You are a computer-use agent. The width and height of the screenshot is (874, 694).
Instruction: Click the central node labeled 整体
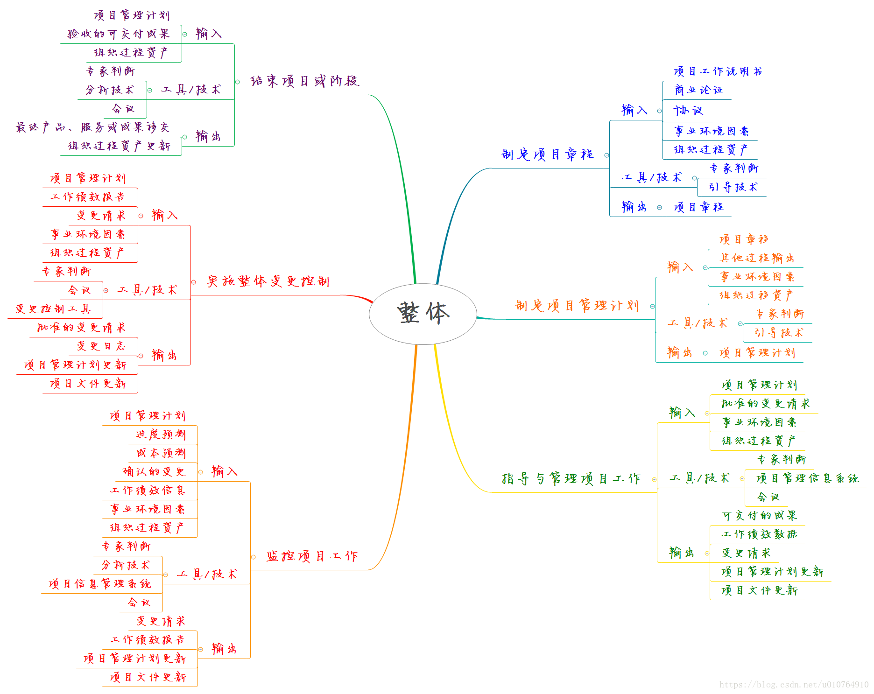point(423,314)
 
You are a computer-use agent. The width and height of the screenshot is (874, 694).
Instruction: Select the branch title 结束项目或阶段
point(304,81)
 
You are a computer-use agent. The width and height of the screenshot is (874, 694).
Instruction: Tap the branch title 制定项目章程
point(547,154)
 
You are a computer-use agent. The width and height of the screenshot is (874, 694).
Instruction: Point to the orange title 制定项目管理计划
point(577,306)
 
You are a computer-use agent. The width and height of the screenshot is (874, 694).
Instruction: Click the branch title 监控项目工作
point(312,556)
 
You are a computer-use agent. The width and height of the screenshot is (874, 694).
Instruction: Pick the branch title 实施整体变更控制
point(268,281)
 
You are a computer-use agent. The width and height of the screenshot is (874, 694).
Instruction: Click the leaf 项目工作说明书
point(718,71)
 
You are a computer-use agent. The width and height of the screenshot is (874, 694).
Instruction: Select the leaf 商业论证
point(698,90)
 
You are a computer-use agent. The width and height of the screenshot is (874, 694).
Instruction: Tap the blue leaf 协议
point(688,111)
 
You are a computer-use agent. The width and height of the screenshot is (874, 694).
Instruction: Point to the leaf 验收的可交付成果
point(119,34)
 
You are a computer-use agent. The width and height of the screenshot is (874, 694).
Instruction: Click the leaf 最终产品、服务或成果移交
point(92,127)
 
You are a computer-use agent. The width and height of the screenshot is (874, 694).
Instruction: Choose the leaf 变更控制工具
point(53,309)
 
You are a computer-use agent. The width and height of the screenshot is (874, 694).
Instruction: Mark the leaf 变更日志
point(101,346)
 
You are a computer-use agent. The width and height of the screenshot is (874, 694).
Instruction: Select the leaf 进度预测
point(161,435)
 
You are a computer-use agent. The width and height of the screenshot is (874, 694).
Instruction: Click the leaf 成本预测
point(161,453)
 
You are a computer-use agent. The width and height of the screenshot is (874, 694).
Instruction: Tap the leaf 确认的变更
point(154,472)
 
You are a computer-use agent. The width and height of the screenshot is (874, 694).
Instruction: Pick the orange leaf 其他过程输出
point(757,258)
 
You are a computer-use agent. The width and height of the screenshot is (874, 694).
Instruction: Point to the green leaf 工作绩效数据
point(759,534)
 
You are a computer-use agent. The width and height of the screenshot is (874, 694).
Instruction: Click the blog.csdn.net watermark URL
point(794,685)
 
